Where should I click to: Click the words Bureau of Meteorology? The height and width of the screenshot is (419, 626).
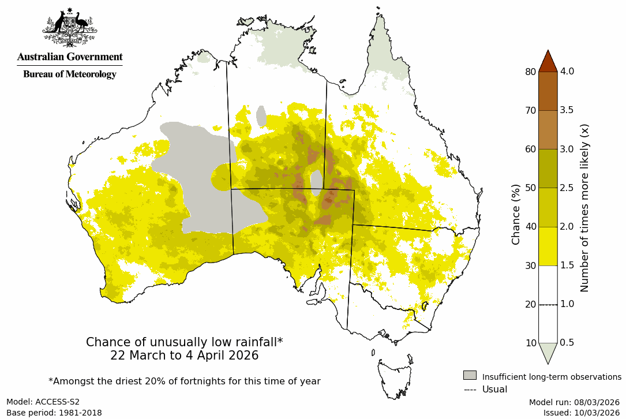[x=69, y=74]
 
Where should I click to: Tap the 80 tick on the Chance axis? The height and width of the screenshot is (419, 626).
[x=530, y=72]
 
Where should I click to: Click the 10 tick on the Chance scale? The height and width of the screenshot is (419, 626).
[x=530, y=343]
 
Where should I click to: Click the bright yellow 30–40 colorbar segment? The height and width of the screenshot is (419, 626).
[x=548, y=246]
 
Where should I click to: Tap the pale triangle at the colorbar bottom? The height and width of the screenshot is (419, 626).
[x=548, y=351]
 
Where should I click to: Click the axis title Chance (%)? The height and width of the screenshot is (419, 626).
[x=516, y=214]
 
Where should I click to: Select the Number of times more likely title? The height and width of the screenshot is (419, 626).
[x=584, y=207]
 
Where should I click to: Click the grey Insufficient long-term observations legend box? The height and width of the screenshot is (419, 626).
[x=470, y=376]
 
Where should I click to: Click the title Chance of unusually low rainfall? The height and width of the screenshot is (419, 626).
[x=184, y=342]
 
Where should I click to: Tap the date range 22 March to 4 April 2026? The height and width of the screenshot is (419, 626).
[x=184, y=356]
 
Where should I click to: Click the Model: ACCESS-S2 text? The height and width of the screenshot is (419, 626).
[x=43, y=402]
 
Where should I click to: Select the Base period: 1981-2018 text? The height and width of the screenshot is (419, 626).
[x=54, y=413]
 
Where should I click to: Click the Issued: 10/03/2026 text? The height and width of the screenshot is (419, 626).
[x=581, y=413]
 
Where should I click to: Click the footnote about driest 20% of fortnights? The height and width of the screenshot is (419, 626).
[x=184, y=381]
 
